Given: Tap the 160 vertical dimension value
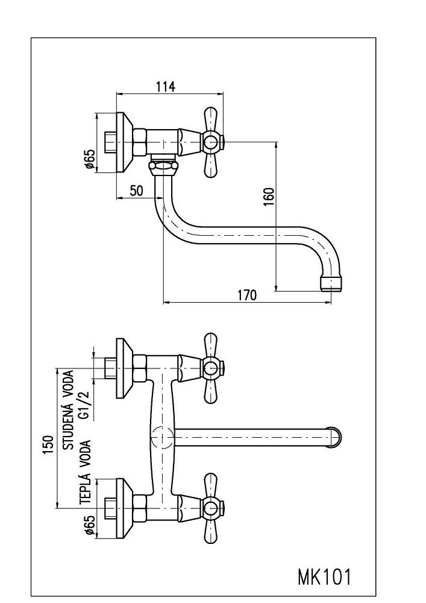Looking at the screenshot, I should click(x=269, y=197).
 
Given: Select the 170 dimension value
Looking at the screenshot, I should click(x=246, y=295).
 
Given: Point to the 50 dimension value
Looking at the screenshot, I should click(x=136, y=191).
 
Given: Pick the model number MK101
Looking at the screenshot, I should click(x=324, y=577).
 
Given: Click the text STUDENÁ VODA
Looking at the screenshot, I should click(x=68, y=410).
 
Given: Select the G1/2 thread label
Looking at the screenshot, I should click(x=85, y=404).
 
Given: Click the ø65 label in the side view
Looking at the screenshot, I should click(x=89, y=159).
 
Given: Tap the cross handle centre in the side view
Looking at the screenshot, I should click(x=210, y=143).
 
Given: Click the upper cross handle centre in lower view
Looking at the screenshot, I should click(x=210, y=368).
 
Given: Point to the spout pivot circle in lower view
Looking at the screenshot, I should click(x=161, y=437).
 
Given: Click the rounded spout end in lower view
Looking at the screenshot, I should click(x=335, y=437).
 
